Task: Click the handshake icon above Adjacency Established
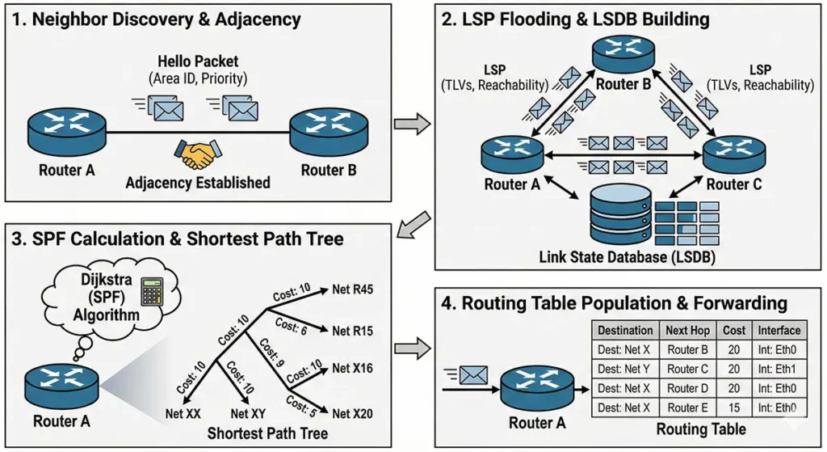(x=195, y=154)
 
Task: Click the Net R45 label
(x=353, y=289)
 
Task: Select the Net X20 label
(x=352, y=414)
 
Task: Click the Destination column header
(x=626, y=330)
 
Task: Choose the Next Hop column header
(x=687, y=330)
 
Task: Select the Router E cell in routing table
(x=687, y=408)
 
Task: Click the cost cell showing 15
(x=735, y=408)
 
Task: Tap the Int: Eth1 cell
(x=779, y=369)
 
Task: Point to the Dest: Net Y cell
(x=626, y=369)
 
